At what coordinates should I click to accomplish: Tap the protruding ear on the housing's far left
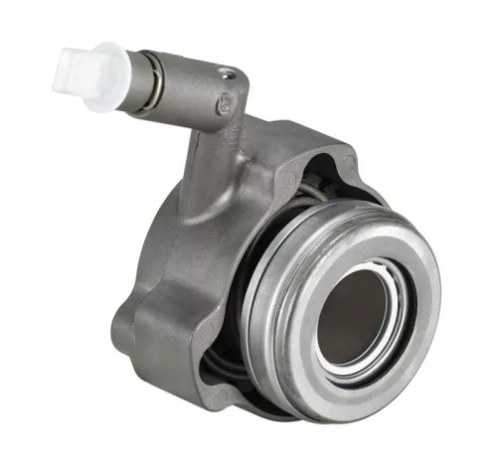pyautogui.click(x=124, y=318)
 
